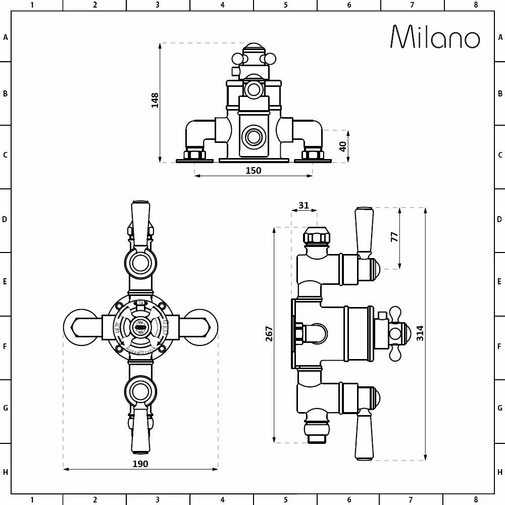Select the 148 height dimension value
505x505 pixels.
(155, 100)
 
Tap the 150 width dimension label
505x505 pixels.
(253, 171)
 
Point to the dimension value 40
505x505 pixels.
(343, 146)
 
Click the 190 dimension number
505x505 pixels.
(140, 464)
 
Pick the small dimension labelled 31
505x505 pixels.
(304, 205)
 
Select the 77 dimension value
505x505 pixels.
(395, 236)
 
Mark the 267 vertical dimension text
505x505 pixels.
(269, 334)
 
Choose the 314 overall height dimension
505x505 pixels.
(420, 333)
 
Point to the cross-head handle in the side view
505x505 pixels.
(395, 333)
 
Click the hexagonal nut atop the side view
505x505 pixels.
(316, 236)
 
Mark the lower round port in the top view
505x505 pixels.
(252, 137)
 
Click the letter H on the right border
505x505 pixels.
(500, 473)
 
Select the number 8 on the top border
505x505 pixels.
(475, 5)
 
